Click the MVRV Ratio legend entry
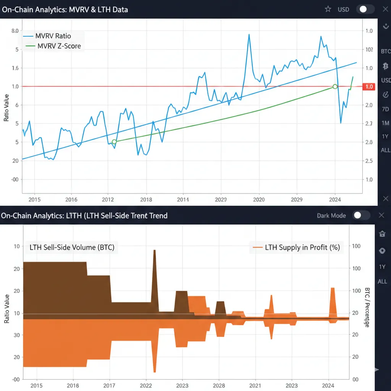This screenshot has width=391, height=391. tap(53, 36)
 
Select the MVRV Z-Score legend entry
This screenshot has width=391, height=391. tap(59, 46)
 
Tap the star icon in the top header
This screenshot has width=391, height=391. tap(328, 9)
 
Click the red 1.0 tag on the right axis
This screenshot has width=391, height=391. tap(368, 87)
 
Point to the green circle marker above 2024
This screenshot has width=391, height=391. tap(335, 87)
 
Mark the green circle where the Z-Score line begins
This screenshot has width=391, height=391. tap(114, 142)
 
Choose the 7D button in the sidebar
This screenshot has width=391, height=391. tap(385, 109)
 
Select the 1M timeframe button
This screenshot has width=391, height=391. tap(385, 123)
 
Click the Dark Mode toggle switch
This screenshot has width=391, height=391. tap(361, 215)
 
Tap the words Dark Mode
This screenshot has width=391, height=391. tap(331, 215)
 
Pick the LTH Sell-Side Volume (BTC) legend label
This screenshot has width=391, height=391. tap(72, 247)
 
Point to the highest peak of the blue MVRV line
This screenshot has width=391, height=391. tap(249, 35)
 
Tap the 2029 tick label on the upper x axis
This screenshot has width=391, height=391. tap(297, 199)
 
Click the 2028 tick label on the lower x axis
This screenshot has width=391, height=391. tap(219, 386)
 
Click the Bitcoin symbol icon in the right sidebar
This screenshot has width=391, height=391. tap(385, 65)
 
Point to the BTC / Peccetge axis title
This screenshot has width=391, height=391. tap(367, 307)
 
